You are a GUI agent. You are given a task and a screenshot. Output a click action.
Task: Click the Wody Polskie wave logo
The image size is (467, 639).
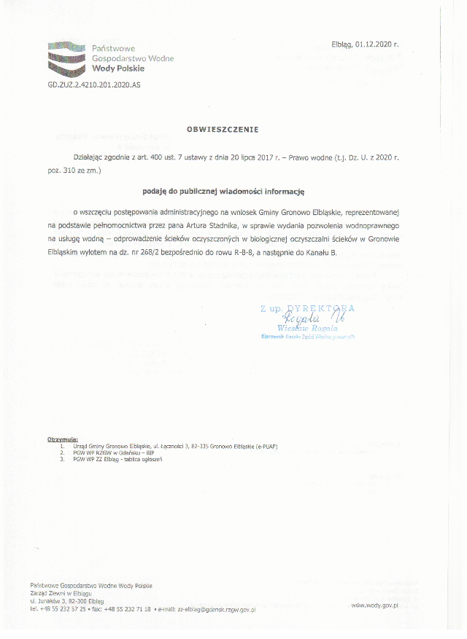67,58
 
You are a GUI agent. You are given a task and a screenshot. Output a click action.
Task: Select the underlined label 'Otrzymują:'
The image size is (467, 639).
62,439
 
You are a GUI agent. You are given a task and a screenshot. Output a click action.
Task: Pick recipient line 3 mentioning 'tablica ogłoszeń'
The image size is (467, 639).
117,459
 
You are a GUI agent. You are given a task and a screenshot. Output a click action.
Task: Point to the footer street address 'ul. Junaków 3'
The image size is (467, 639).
47,600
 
